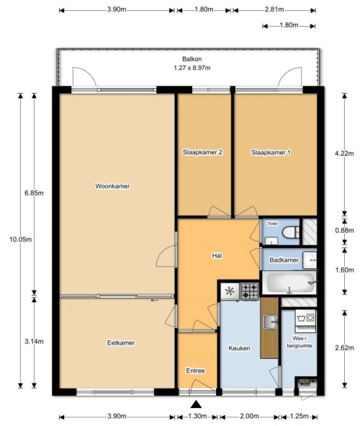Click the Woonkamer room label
tap(112, 186)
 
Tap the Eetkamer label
tap(121, 343)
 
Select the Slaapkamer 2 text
tap(202, 152)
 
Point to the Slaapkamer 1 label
tap(271, 153)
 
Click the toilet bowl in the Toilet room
tap(290, 232)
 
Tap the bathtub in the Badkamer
tap(289, 283)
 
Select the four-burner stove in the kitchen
tap(250, 291)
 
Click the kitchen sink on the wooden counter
tap(270, 322)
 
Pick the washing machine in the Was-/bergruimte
tap(305, 321)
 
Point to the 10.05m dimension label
tap(21, 239)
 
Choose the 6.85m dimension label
tap(34, 193)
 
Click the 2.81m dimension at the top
tap(274, 9)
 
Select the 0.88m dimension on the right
tap(345, 231)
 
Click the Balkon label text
tap(192, 59)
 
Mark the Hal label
tap(217, 256)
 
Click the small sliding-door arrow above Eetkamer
tap(155, 300)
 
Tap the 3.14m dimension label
tap(34, 342)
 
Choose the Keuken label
tap(239, 348)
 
